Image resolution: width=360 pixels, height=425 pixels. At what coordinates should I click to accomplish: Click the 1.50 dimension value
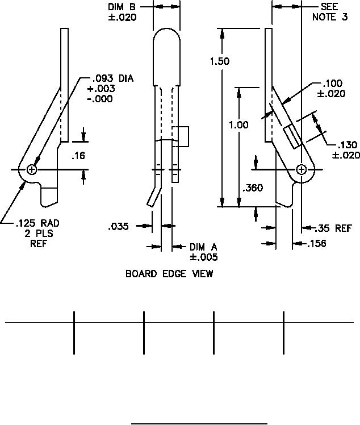point(220,61)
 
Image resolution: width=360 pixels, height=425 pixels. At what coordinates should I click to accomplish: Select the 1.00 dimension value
point(238,125)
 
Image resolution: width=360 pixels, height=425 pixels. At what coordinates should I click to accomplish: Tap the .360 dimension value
point(252,188)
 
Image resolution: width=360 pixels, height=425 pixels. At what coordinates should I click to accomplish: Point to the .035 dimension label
point(118,227)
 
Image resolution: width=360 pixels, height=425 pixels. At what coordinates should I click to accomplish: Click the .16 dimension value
point(78,155)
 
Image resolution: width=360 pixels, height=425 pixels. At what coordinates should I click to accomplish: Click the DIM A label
point(203,247)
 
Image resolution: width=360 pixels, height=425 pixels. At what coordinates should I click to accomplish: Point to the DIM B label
point(122,7)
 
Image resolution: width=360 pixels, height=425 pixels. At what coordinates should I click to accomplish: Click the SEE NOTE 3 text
point(329,12)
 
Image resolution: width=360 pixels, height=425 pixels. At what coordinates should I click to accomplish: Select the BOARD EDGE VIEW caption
point(169,274)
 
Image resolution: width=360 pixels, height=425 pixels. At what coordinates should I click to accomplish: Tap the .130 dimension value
point(346,145)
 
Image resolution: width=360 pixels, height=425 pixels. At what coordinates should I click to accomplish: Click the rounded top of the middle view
point(167,35)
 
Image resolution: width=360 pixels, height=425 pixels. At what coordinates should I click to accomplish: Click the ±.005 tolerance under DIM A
point(203,257)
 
